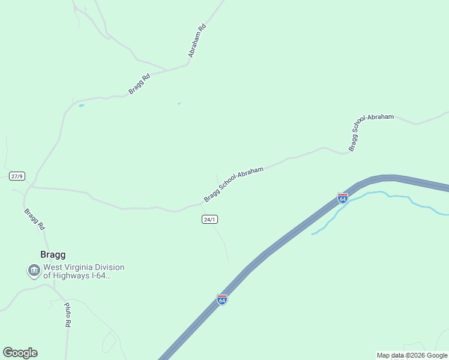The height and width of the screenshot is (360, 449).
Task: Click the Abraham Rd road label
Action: coord(197,40)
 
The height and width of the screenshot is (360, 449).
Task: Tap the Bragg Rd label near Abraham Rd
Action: coord(139,84)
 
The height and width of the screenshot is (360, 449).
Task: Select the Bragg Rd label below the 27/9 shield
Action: coord(34,220)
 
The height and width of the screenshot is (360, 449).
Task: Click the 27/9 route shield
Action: coord(17,176)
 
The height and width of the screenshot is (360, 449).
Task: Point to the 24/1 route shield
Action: coord(209,220)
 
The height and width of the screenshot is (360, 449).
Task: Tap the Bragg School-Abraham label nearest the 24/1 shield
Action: coord(234,184)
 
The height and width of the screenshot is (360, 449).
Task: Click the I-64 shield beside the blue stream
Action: coord(342,197)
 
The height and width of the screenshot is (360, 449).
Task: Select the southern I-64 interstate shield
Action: coord(222,299)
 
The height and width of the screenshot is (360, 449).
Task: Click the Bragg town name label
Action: coord(53,254)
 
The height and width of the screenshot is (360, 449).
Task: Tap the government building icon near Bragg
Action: coord(34,271)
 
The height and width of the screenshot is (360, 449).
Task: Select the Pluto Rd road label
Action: coord(67,314)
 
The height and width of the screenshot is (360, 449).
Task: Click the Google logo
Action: coord(20,353)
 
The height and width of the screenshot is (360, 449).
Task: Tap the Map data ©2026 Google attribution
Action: coord(412,355)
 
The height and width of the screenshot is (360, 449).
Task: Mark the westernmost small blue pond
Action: coord(81,106)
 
